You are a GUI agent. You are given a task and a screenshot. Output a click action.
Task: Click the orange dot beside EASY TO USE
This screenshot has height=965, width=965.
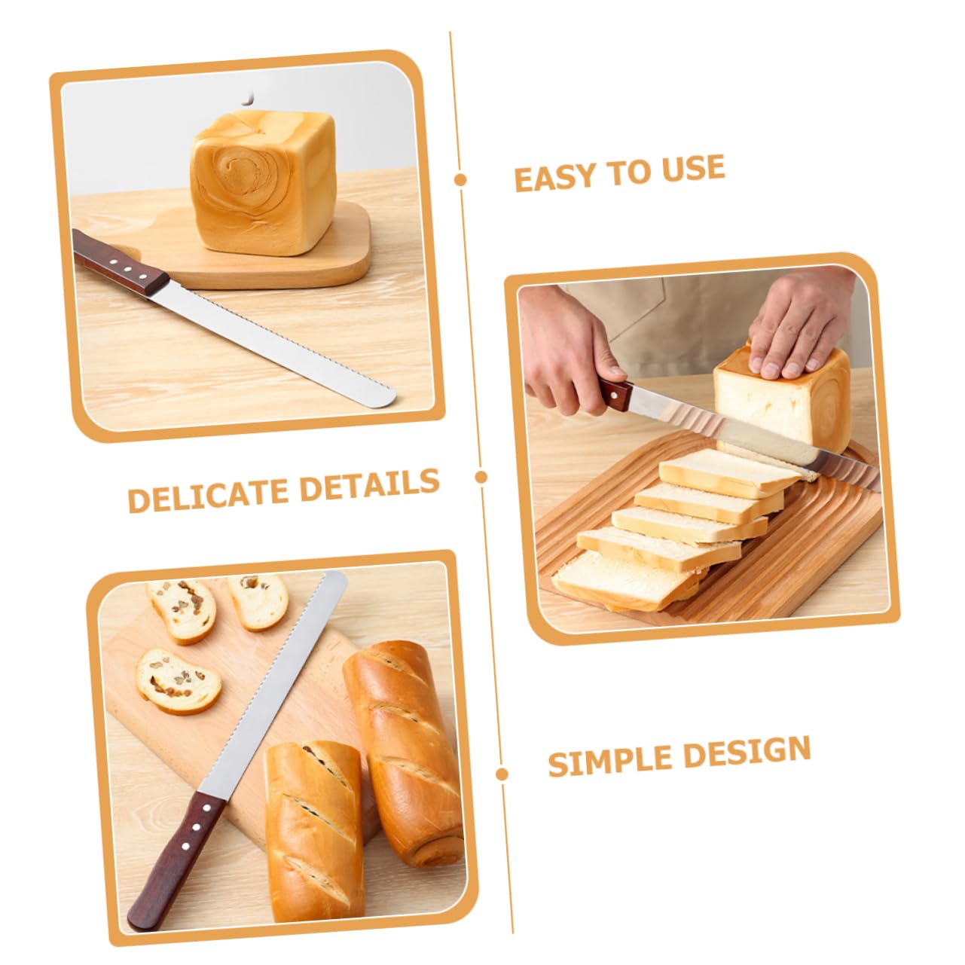(x=460, y=179)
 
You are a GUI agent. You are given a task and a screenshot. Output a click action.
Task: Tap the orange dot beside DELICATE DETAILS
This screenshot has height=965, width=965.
(x=481, y=476)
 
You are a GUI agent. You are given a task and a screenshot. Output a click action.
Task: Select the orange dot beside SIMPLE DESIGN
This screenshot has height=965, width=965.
(x=502, y=774)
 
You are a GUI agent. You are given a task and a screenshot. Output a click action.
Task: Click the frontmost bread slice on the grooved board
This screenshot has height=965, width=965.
(x=618, y=580)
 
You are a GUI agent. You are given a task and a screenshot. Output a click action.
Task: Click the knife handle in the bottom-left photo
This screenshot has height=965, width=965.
(x=177, y=859)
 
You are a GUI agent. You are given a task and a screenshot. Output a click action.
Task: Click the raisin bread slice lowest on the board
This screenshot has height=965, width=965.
(x=179, y=680)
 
